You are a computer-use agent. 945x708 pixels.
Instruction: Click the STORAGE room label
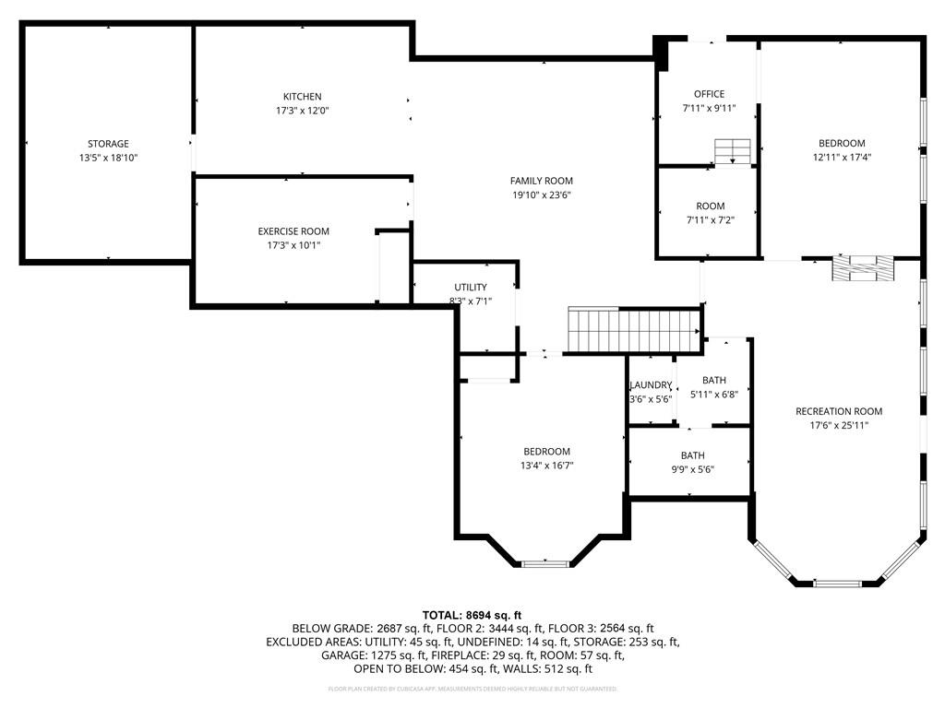point(108,144)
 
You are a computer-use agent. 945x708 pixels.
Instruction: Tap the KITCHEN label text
point(302,97)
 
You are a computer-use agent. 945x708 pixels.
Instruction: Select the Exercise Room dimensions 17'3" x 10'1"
point(293,245)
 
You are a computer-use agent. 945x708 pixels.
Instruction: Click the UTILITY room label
point(470,288)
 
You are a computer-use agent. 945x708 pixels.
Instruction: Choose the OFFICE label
point(709,94)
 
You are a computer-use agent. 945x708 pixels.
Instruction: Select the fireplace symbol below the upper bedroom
point(863,268)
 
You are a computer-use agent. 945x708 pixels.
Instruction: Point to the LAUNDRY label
point(651,385)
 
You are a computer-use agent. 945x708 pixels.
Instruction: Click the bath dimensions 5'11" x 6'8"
point(713,395)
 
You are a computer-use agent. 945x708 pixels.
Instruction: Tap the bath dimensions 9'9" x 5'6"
point(692,469)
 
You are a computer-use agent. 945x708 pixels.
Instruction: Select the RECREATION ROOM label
point(839,411)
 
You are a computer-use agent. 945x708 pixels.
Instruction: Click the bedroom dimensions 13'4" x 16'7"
point(546,466)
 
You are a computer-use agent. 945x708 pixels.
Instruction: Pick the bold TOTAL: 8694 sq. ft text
point(472,615)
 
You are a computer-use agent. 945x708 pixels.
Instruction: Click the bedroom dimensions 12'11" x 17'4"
point(842,157)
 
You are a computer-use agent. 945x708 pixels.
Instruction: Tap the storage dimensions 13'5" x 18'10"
point(108,158)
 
